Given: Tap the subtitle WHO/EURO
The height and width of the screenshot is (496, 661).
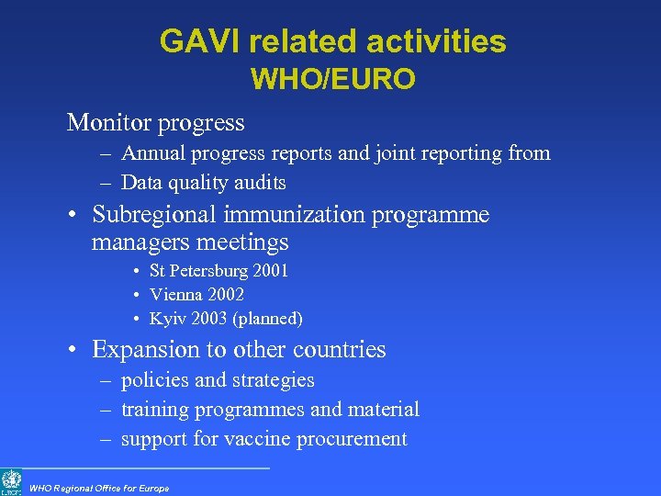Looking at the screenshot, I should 333,80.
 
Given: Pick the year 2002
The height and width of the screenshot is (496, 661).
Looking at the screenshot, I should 226,295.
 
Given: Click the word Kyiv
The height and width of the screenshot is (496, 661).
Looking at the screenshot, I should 166,319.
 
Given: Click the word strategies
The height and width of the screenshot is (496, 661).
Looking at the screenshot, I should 274,380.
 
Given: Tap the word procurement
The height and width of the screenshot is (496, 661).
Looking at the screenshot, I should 354,439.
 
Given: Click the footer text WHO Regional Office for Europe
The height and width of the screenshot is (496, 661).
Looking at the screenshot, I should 99,488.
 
